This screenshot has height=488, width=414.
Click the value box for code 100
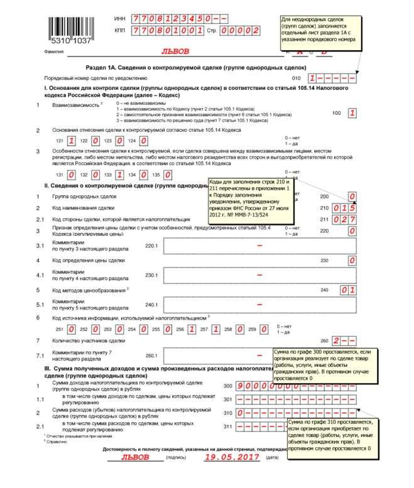tap(352, 113)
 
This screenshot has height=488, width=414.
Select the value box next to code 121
tap(72, 141)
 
